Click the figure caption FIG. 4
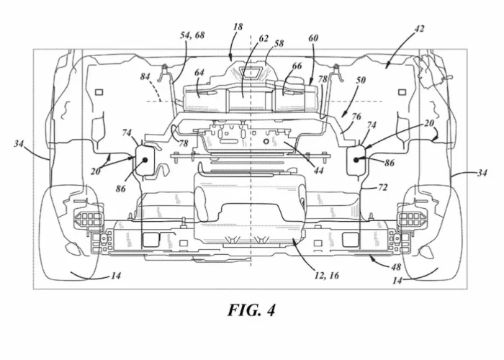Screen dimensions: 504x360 click(251, 310)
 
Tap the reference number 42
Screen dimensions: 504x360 click(418, 29)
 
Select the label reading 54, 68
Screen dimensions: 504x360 click(192, 35)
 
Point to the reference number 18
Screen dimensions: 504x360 click(238, 27)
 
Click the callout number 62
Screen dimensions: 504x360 click(264, 39)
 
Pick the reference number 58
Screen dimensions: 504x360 click(279, 43)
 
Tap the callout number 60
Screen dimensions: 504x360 click(313, 38)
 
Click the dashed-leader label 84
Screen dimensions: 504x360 click(145, 76)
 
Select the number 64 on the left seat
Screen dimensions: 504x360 click(199, 73)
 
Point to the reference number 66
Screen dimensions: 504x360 click(297, 66)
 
